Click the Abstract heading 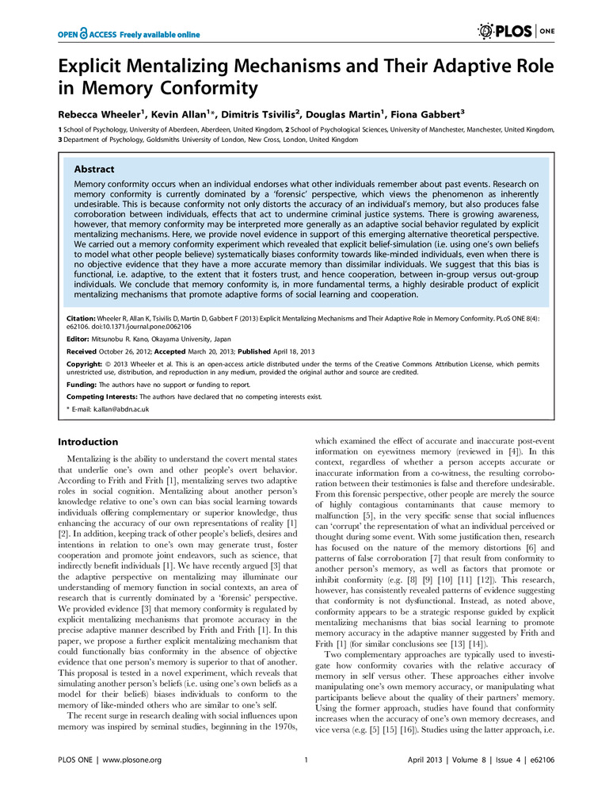pyautogui.click(x=94, y=169)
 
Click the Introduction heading pyautogui.click(x=88, y=442)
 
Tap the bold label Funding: pyautogui.click(x=77, y=384)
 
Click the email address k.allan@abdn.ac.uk pyautogui.click(x=112, y=408)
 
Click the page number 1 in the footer pyautogui.click(x=306, y=782)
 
